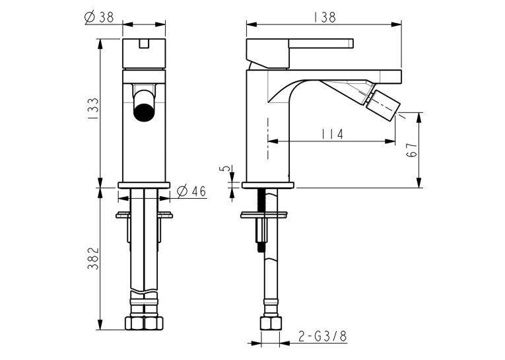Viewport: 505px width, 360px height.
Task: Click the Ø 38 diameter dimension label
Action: tap(99, 17)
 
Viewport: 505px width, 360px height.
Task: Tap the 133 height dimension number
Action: tap(94, 109)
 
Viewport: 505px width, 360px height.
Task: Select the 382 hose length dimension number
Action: tap(93, 258)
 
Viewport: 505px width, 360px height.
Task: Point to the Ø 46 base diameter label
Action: tap(191, 191)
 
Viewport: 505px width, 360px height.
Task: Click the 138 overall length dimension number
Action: tap(324, 17)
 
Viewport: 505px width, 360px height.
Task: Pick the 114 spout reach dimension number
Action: tap(332, 133)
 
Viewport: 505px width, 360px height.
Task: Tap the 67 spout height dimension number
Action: tap(412, 150)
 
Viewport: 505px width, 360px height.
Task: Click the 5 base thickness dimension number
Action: tap(226, 168)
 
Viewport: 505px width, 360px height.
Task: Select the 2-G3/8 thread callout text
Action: tap(322, 336)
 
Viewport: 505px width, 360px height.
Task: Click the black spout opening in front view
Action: tap(144, 111)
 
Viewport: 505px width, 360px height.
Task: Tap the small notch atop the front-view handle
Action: tap(144, 44)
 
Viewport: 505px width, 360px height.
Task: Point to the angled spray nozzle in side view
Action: tap(383, 105)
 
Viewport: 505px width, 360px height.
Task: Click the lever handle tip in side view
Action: tap(351, 43)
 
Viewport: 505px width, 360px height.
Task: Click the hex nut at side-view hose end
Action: tap(271, 323)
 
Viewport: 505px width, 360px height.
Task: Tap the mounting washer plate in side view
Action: tap(263, 215)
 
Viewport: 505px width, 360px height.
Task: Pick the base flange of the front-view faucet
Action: tap(144, 185)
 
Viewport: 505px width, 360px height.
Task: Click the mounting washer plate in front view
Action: tap(144, 215)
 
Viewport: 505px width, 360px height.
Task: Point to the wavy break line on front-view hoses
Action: tap(144, 292)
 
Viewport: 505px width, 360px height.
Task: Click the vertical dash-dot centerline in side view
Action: tap(268, 139)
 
